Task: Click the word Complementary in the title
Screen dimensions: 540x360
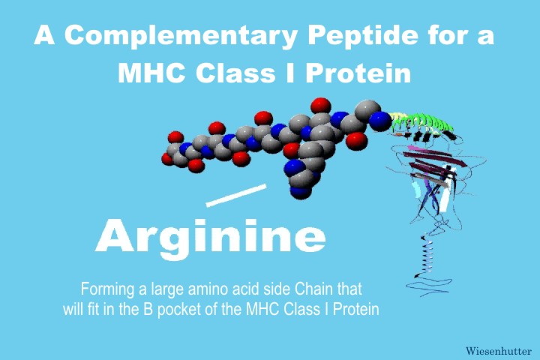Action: tap(181, 36)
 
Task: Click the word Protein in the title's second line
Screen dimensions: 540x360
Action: tap(358, 73)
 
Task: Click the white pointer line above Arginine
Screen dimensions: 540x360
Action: tap(236, 195)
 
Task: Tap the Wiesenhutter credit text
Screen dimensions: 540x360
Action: tap(499, 351)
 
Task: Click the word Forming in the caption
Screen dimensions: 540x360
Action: tap(107, 289)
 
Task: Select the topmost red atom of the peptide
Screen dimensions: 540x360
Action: tap(320, 106)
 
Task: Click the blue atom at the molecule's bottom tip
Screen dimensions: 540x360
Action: tap(301, 191)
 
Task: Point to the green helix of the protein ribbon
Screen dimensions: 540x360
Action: tap(421, 124)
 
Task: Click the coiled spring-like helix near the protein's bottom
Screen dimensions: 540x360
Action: tap(426, 255)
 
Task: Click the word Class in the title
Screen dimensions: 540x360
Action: tap(235, 73)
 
